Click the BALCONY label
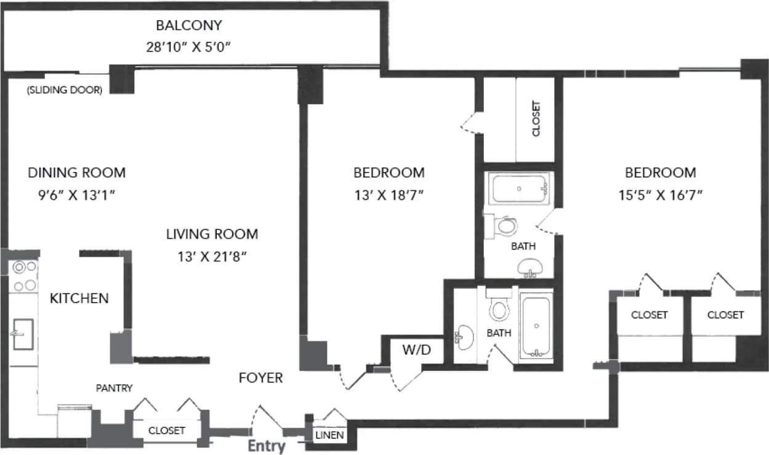click(188, 26)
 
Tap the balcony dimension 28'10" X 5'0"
click(188, 47)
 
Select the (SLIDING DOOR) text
click(64, 90)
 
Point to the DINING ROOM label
click(77, 173)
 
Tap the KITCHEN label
click(79, 299)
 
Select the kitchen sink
click(23, 334)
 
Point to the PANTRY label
click(115, 388)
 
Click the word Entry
click(266, 446)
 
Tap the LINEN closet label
click(330, 435)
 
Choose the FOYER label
click(261, 378)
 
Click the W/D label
click(417, 350)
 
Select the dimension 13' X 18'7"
click(389, 196)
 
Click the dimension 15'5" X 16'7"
click(661, 196)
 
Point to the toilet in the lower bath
click(499, 307)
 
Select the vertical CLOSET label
click(536, 119)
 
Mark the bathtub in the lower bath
click(536, 325)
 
